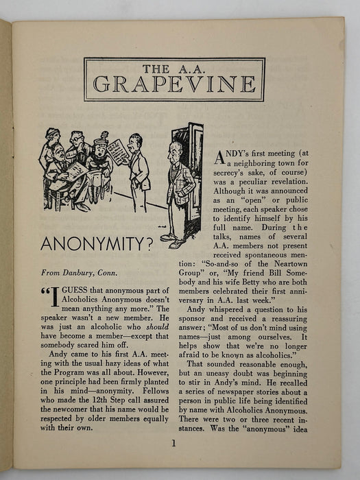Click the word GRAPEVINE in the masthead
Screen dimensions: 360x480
(175, 84)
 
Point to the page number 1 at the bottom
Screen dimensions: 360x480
(174, 443)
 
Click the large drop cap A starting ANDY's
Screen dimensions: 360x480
(219, 158)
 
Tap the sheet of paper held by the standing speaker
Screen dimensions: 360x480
(117, 152)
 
